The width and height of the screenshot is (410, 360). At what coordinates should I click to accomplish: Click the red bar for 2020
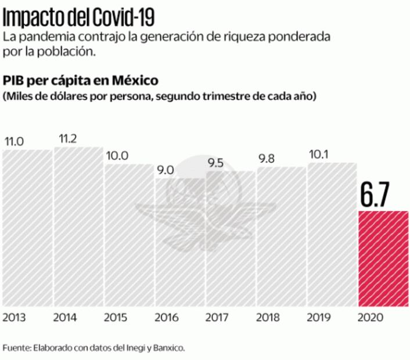tap(383, 258)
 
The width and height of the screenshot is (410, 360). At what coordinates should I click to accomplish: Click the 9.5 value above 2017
tap(217, 163)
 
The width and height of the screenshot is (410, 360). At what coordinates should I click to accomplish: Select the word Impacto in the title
tap(30, 17)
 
